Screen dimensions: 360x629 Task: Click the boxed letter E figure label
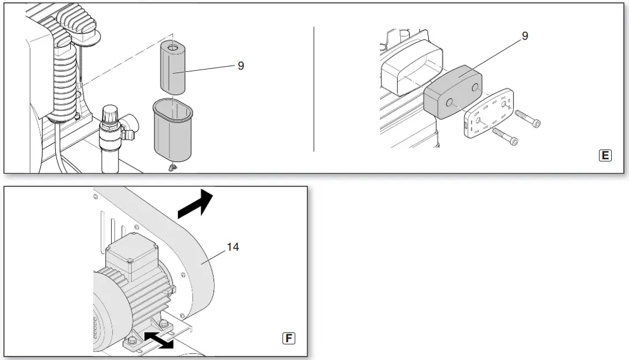[x=605, y=155]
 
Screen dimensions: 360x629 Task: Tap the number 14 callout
[x=232, y=247]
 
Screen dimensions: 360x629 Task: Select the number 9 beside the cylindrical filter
[x=241, y=66]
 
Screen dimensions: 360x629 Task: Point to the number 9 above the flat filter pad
[x=524, y=36]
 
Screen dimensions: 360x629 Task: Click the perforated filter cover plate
[x=487, y=114]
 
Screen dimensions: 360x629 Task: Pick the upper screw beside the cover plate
[x=528, y=118]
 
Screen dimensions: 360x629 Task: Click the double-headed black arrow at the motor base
[x=158, y=339]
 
